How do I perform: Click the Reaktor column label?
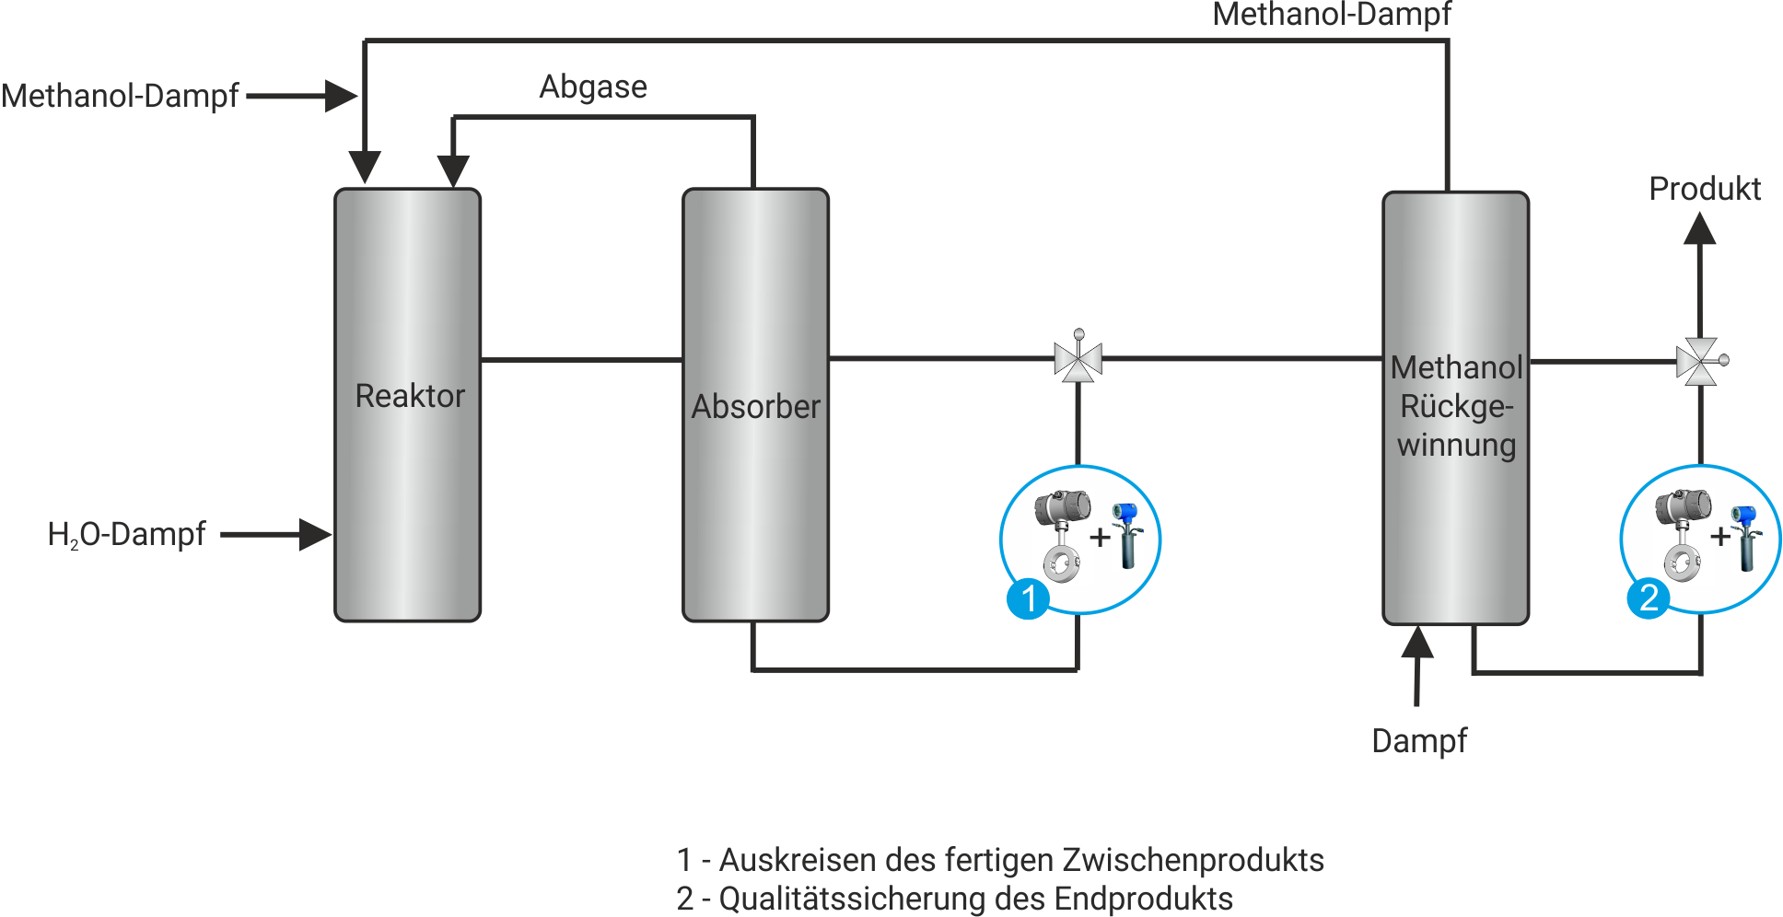pos(410,396)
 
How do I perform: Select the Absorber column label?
pos(755,407)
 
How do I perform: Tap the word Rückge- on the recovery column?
pos(1456,406)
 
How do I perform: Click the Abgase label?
pos(593,87)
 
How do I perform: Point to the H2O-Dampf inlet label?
pos(126,534)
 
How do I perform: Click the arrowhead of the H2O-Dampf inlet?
pos(316,534)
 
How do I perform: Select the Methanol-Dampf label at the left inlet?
pos(120,96)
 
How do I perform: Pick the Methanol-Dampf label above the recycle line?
pos(1331,15)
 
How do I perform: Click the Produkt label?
pos(1704,189)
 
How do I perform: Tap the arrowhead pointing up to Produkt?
pos(1699,229)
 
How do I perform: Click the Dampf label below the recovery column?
pos(1418,741)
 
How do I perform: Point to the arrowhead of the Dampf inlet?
pos(1417,643)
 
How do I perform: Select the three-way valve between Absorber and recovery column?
pos(1078,359)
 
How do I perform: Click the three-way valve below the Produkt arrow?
pos(1699,361)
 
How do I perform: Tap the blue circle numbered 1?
pos(1029,598)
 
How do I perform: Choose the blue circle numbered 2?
pos(1649,598)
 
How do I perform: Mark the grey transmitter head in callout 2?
pos(1683,507)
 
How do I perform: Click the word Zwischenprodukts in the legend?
pos(1193,860)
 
